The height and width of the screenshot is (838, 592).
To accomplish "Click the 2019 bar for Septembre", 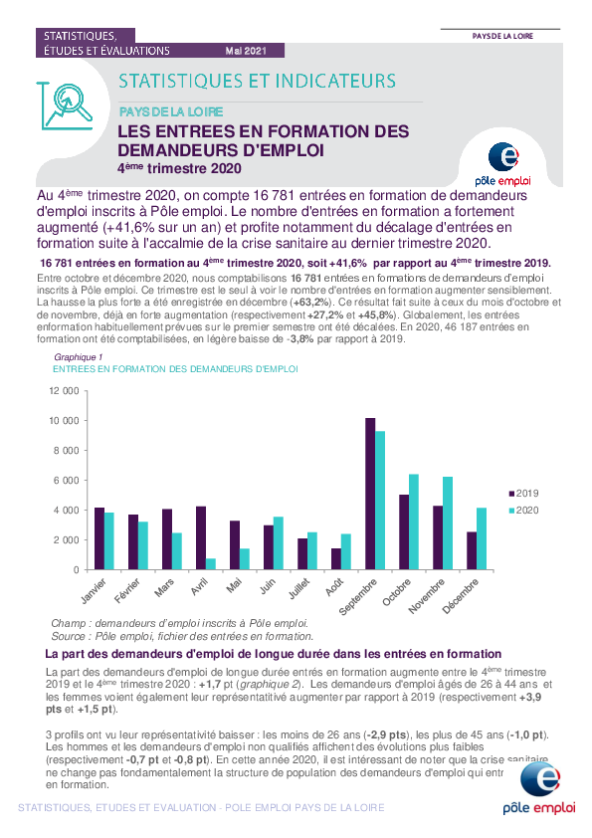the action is click(x=370, y=494).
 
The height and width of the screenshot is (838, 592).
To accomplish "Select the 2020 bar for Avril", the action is click(x=211, y=564).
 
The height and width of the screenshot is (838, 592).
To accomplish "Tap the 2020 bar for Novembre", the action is click(x=448, y=524).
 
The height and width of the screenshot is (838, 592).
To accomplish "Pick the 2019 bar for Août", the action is click(x=336, y=559).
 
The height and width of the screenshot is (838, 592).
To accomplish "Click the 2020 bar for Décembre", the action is click(x=482, y=538).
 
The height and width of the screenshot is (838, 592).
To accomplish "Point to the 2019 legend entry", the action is click(x=523, y=494).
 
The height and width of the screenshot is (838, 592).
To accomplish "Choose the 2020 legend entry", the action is click(x=523, y=511).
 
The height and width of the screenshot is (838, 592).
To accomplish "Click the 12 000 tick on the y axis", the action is click(x=64, y=391).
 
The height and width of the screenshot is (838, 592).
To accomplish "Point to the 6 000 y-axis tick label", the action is click(x=67, y=481).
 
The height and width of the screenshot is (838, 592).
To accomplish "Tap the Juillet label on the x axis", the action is click(x=299, y=588).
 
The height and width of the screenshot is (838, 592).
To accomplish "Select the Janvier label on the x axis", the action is click(x=95, y=590).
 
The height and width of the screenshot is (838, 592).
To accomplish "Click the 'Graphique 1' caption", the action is click(x=78, y=357).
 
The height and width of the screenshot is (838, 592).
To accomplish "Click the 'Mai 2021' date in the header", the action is click(x=246, y=51).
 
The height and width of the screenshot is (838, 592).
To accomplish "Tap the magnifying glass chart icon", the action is click(x=66, y=105).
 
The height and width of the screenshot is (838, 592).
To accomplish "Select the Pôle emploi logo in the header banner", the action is click(x=502, y=164).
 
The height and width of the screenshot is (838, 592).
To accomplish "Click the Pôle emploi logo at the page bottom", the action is click(x=539, y=788).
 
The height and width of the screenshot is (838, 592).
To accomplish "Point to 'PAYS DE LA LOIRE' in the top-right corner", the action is click(x=502, y=36).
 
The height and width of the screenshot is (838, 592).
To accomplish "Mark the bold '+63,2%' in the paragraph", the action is click(x=309, y=302).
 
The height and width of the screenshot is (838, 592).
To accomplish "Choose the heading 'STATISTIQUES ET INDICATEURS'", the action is click(x=257, y=81).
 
